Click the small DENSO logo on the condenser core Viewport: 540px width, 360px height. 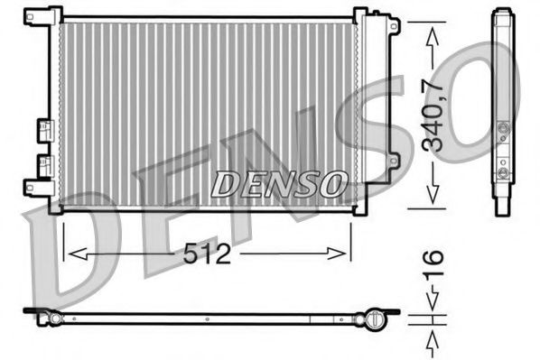pos(280,183)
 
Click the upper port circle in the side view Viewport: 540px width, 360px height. pos(503,127)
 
